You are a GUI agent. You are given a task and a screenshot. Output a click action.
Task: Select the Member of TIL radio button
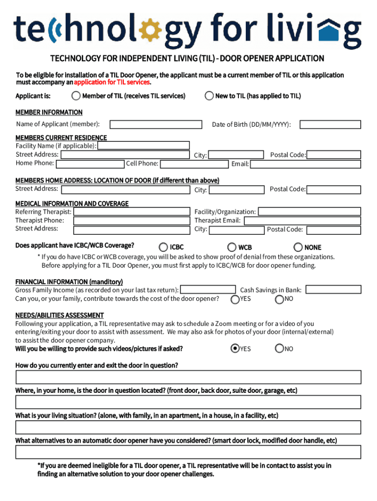(x=76, y=95)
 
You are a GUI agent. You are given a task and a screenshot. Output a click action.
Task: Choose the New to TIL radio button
(x=209, y=95)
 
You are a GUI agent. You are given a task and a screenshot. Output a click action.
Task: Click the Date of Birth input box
(x=330, y=124)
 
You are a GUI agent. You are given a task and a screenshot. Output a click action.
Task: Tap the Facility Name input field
(x=143, y=145)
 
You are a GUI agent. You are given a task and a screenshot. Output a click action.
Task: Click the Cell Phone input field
(x=194, y=163)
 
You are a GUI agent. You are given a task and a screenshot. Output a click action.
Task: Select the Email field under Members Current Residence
(x=306, y=163)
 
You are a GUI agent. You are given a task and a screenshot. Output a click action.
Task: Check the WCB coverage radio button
(x=232, y=248)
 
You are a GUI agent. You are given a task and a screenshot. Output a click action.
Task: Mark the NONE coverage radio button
(x=298, y=248)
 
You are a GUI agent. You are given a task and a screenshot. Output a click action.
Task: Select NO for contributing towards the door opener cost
(x=280, y=299)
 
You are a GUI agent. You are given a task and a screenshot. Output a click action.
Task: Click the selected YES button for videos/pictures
(x=235, y=348)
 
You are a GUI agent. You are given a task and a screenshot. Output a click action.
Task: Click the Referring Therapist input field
(x=132, y=212)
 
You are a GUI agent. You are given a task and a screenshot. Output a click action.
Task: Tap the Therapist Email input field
(x=302, y=221)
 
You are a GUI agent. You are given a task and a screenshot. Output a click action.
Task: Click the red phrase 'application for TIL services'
(x=111, y=82)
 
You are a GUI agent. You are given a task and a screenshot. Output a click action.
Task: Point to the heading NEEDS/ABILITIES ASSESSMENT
(x=59, y=315)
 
